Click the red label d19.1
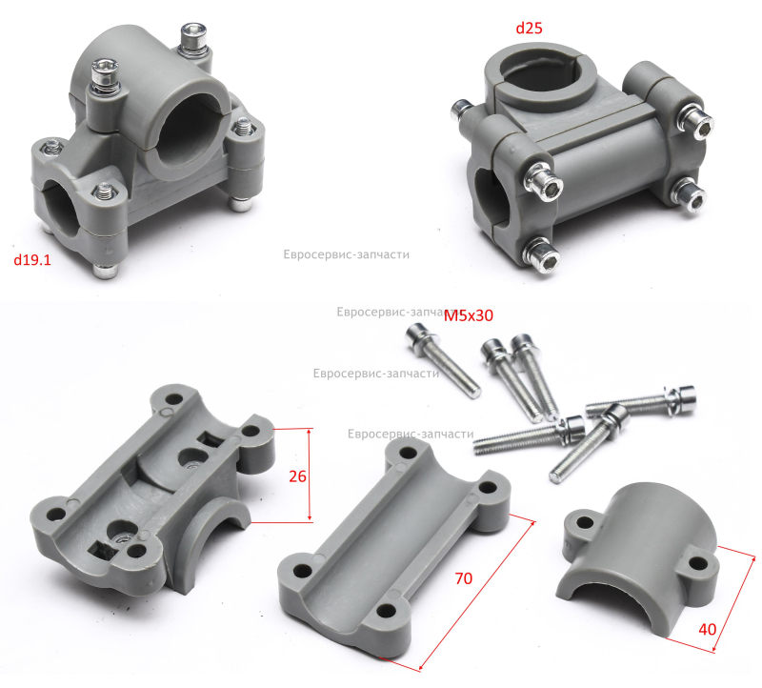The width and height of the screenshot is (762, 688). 32,260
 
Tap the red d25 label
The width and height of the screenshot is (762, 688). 529,29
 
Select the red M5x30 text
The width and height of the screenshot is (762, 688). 469,315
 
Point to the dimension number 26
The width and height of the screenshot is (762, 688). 297,476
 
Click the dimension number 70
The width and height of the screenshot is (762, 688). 464,578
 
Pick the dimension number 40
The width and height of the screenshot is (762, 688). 707,630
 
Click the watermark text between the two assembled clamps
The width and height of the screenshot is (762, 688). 346,254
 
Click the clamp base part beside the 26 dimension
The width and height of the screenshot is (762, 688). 153,491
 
